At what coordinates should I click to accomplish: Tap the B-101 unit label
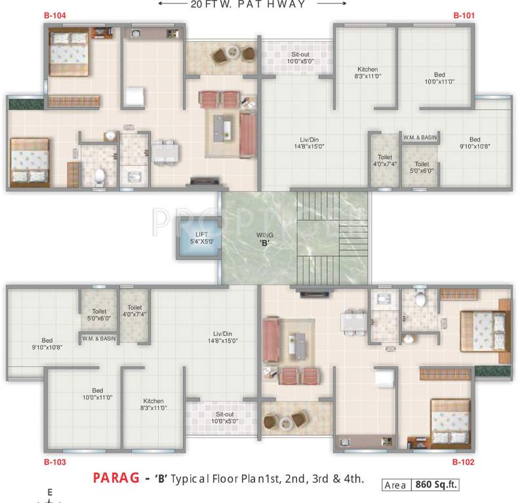[462, 14]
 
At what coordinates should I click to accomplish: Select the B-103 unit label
[55, 462]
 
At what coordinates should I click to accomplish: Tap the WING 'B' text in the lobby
[265, 238]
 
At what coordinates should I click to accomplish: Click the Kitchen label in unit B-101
[367, 73]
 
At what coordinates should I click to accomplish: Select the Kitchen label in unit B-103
[154, 404]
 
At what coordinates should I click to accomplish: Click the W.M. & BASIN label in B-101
[420, 137]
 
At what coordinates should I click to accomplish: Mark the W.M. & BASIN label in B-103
[98, 338]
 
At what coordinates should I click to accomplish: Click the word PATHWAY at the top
[277, 5]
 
